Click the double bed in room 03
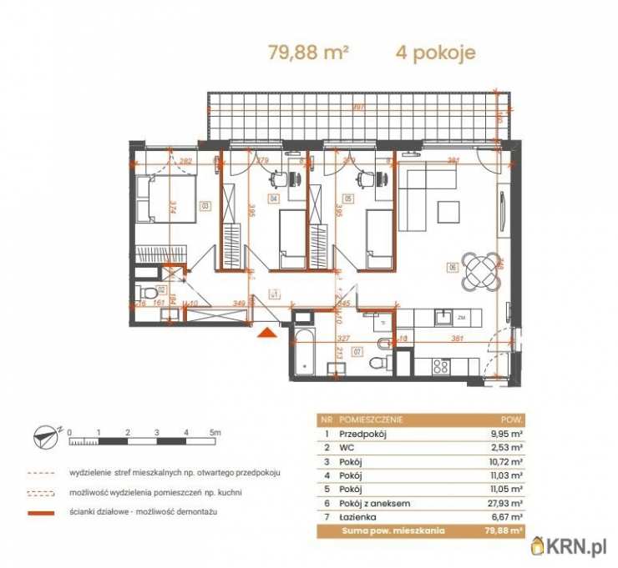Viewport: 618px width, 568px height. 167,199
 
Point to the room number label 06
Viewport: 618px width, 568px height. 452,268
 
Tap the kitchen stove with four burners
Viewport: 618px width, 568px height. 439,365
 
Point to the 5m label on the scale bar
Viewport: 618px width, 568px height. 215,432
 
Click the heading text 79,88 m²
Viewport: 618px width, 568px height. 307,53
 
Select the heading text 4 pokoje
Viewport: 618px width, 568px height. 435,53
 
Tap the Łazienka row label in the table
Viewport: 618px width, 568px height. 359,516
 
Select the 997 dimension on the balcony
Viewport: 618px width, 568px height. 357,107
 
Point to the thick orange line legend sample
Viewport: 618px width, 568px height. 48,511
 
